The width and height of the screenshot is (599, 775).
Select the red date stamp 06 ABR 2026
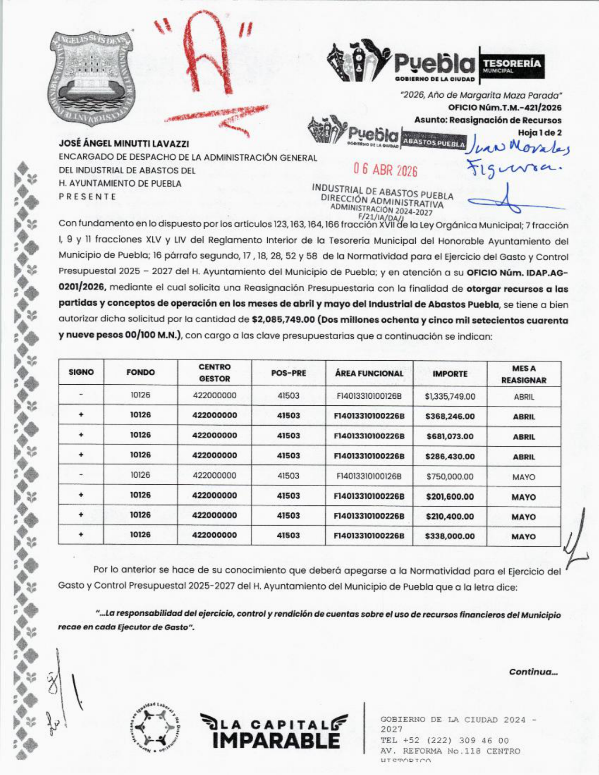click(385, 170)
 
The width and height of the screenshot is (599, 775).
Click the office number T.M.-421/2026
click(505, 108)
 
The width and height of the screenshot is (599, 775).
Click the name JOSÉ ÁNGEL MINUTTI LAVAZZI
click(124, 144)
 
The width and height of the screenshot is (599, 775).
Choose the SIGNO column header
click(81, 372)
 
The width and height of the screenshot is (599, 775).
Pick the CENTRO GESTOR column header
click(214, 373)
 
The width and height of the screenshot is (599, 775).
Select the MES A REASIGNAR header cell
click(523, 374)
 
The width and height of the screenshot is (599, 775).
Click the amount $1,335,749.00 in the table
click(450, 396)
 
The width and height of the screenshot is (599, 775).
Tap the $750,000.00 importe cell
click(450, 477)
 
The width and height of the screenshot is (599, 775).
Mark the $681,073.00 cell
click(450, 436)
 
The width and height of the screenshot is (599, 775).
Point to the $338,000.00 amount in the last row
click(450, 536)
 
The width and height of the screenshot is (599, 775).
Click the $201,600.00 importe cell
click(450, 496)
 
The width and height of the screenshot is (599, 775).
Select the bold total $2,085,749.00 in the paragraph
click(283, 320)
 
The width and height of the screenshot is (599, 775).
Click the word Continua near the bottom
click(533, 672)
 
